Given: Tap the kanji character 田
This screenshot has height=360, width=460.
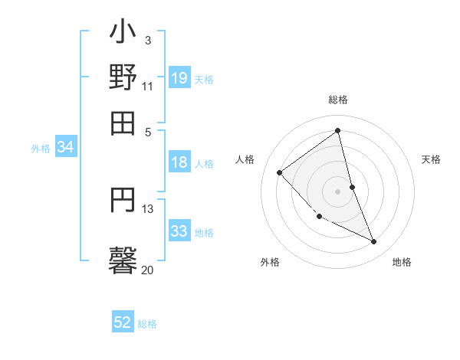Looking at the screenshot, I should [123, 122].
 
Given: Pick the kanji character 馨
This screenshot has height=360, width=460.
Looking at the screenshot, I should [123, 257].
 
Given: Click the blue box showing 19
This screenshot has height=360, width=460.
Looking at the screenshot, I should [179, 77].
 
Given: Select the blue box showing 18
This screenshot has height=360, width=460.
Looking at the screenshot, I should [179, 162].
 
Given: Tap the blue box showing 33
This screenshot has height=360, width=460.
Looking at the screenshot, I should [179, 231].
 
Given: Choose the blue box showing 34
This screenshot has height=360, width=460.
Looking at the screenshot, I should [65, 148].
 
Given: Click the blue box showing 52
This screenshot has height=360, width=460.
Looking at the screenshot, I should [123, 323].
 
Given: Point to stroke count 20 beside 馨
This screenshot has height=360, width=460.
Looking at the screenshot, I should [147, 270].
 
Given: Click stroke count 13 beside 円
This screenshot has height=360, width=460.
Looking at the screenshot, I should [148, 208].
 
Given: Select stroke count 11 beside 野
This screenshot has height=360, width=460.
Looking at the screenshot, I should [147, 87].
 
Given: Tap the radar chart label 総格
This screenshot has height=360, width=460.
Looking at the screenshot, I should [338, 100].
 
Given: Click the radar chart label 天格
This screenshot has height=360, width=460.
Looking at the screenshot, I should [431, 159].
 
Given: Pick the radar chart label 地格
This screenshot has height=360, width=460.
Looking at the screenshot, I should [402, 262].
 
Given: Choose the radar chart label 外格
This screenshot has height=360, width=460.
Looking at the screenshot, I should [270, 262].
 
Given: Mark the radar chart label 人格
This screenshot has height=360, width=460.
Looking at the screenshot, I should [245, 159].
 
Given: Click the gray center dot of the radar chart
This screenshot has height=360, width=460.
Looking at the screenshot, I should [337, 191].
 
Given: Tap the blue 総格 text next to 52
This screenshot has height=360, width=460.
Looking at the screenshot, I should [147, 324].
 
